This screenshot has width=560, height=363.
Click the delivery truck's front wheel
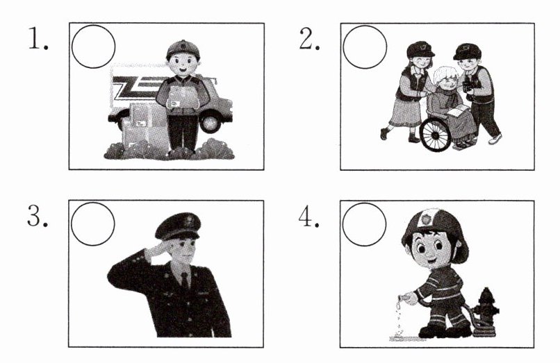point(211,121)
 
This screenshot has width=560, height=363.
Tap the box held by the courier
point(183,97)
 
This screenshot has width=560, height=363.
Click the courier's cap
point(183,49)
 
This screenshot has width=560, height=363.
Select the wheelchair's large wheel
point(436,134)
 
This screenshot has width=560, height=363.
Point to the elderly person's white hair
point(445,76)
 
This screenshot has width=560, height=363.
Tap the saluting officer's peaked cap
point(179,226)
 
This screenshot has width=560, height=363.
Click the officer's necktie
point(185,281)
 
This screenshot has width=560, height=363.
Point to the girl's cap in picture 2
point(420,49)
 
